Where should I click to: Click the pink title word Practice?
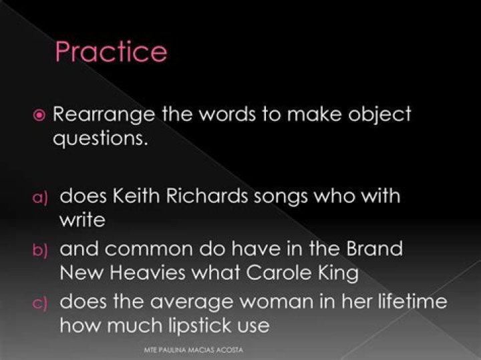click(x=111, y=51)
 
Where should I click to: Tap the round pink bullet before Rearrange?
click(x=39, y=116)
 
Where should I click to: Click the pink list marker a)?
click(x=40, y=198)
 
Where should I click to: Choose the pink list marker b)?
click(x=40, y=250)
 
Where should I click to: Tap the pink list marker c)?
click(x=40, y=303)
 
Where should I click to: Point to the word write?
click(x=83, y=220)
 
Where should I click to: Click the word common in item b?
click(x=149, y=250)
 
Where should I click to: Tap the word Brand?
click(x=374, y=248)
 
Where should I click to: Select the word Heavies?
click(x=148, y=272)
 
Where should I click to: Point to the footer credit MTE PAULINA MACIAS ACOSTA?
click(x=194, y=350)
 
